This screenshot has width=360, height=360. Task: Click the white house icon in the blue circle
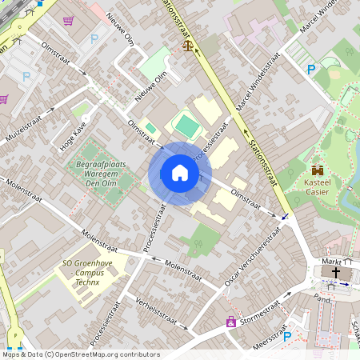(180, 174)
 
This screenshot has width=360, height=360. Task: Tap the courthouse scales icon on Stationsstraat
(189, 47)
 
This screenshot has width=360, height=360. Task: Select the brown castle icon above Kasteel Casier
(318, 170)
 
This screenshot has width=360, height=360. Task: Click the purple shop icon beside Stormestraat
(231, 322)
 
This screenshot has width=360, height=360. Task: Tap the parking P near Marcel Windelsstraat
(311, 70)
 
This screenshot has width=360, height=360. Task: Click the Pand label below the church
(322, 297)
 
